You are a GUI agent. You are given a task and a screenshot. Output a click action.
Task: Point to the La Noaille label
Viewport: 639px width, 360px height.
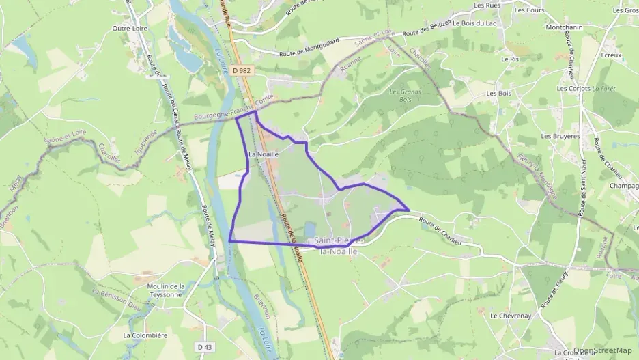(x=264, y=154)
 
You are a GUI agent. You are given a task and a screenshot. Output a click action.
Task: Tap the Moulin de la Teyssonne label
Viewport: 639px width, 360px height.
(x=166, y=290)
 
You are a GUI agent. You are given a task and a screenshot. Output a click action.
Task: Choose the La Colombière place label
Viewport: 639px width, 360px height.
(x=145, y=335)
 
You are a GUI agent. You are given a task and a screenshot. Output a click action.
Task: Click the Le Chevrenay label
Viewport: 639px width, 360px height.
(x=506, y=316)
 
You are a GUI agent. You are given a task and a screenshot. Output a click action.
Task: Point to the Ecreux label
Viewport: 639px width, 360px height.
(x=592, y=55)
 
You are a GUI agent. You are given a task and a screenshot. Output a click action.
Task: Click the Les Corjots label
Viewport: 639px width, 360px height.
(x=573, y=89)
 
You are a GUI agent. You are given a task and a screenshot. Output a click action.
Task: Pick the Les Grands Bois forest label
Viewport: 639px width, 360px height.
(x=404, y=96)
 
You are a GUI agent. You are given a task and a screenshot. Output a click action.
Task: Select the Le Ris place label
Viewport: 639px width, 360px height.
(x=511, y=59)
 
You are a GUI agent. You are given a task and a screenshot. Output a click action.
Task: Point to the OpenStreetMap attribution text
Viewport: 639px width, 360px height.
(x=603, y=350)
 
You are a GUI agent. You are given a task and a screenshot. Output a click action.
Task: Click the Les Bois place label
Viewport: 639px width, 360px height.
(x=498, y=93)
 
